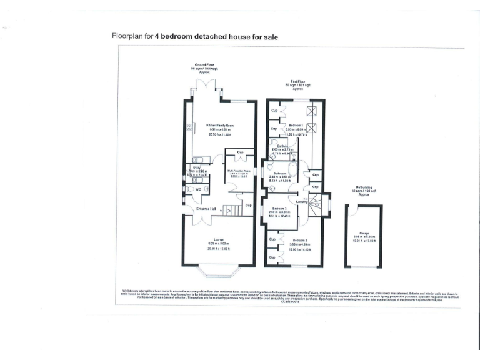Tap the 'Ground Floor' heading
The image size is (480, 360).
click(202, 65)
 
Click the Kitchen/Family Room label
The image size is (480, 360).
click(218, 125)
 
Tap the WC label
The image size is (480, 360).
click(198, 189)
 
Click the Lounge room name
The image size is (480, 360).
click(218, 240)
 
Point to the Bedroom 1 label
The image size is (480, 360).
click(296, 125)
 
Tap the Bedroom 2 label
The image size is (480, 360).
click(300, 240)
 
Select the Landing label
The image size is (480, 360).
click(301, 201)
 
